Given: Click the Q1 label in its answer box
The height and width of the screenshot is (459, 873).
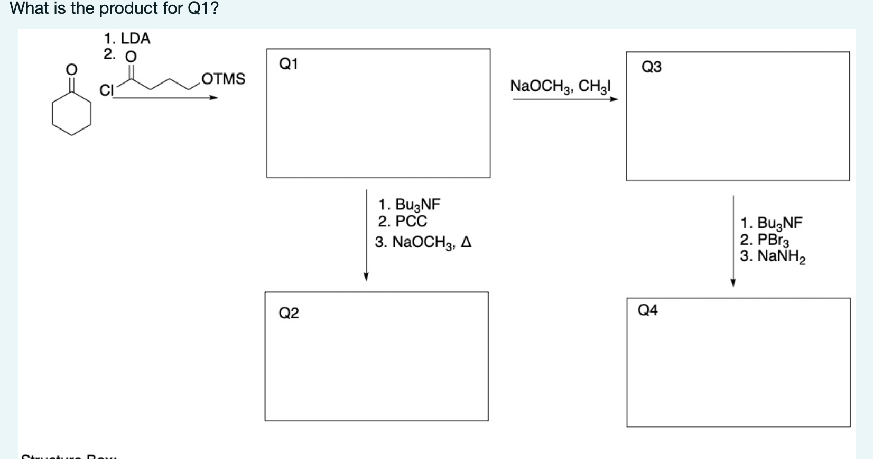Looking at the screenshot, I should coord(289,64).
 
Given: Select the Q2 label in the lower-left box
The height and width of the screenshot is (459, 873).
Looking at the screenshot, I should coord(289,313).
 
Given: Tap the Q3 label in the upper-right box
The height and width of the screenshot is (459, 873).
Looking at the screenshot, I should coord(651,67).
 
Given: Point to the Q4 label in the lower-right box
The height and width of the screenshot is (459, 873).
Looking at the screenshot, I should coord(648,310).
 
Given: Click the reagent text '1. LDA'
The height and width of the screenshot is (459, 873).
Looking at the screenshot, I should coord(127,38).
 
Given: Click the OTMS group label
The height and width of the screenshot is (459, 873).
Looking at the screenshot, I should coord(224,79).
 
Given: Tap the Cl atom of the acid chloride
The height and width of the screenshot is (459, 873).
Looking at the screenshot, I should coord(107,90).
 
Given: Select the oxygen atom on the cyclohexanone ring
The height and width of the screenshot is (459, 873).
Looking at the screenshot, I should coord(71,69).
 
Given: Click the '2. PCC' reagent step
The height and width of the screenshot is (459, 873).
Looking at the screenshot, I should coord(402,221).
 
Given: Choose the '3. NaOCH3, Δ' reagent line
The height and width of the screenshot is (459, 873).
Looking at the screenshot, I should coord(423,242).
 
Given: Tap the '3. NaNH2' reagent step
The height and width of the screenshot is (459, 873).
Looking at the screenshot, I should coord(772,256).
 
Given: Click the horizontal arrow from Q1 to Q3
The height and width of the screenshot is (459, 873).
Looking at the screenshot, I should coord(564,99).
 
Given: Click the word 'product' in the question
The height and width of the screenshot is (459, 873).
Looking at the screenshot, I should coord(129,8).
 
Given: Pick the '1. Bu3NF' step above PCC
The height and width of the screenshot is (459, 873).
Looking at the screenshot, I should coord(409,204).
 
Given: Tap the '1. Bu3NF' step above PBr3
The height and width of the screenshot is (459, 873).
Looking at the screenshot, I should coord(771,223).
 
